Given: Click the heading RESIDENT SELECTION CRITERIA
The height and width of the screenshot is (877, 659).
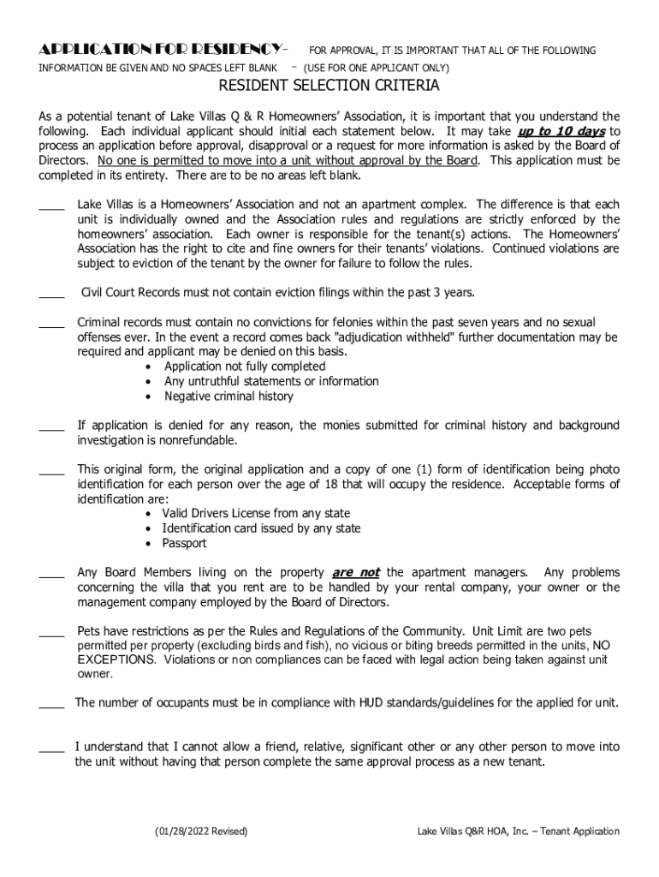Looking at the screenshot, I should tap(329, 86).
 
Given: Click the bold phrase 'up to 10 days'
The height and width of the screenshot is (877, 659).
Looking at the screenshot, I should tap(561, 132).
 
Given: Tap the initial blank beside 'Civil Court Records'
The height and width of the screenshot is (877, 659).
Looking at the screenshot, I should tap(51, 294).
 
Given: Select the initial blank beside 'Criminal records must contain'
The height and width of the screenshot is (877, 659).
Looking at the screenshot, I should tap(51, 323).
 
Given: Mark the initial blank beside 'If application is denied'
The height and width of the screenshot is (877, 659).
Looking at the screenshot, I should tap(51, 426).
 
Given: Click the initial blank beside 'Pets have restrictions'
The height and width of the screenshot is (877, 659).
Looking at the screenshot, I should tap(51, 632).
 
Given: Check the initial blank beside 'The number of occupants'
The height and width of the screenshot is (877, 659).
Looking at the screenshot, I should tap(51, 704).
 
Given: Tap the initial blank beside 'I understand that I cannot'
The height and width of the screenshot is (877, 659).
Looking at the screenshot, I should tap(51, 748).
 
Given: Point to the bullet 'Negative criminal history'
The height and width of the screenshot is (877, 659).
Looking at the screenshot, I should tap(229, 397).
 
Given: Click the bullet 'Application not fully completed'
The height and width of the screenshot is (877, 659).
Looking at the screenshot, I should tap(245, 367).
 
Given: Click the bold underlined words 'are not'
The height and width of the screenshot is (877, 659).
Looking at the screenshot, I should tap(355, 572).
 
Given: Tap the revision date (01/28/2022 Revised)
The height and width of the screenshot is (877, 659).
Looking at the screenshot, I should tap(201, 832).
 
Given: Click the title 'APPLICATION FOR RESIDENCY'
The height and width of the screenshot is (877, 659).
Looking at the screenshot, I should tap(163, 50).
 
